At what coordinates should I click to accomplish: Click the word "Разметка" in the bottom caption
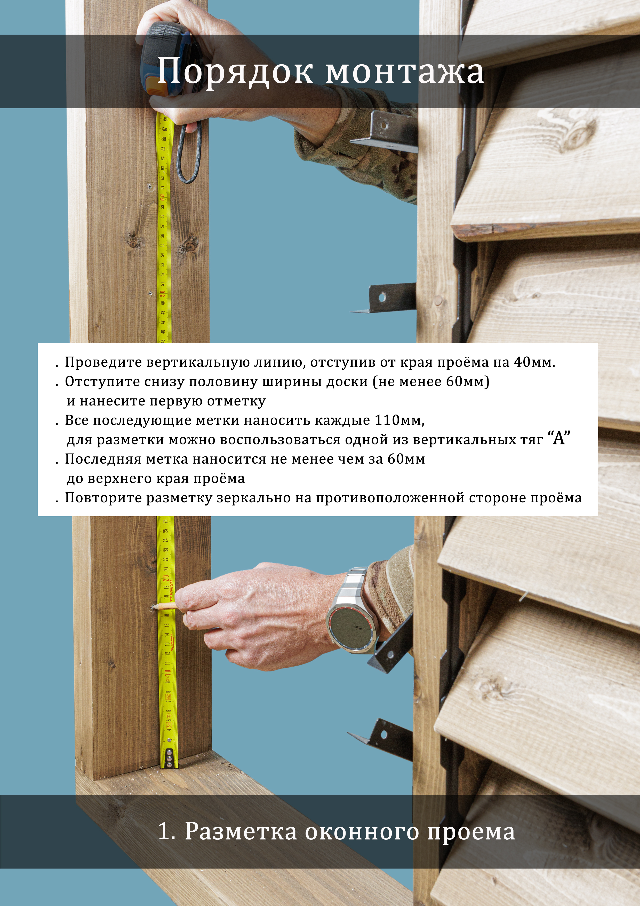tap(241, 831)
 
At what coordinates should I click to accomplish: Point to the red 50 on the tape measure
tap(162, 294)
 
